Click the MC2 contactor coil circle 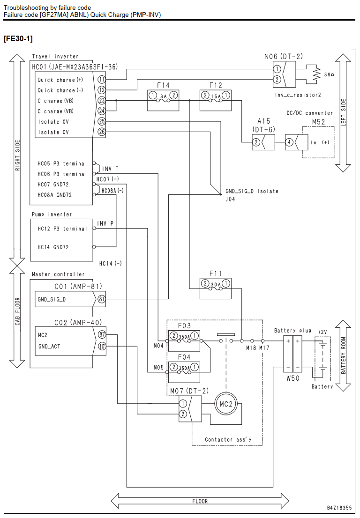click(x=226, y=404)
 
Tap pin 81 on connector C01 click(x=102, y=299)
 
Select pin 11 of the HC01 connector click(x=102, y=80)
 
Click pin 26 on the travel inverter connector click(x=102, y=132)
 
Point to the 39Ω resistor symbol click(x=317, y=74)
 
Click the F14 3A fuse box click(x=163, y=100)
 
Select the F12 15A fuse click(x=216, y=100)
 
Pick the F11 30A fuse click(x=216, y=289)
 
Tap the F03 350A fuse click(x=184, y=340)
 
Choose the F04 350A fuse click(x=184, y=372)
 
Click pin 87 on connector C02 click(x=102, y=335)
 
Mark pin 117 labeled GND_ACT click(x=102, y=346)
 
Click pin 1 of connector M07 click(x=183, y=404)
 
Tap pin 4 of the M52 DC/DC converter click(x=290, y=142)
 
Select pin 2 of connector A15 click(x=256, y=142)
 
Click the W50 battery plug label click(x=293, y=378)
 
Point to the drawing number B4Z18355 click(x=339, y=507)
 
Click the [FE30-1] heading click(x=18, y=39)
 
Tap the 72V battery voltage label click(x=322, y=332)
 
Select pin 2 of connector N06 click(x=277, y=80)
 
